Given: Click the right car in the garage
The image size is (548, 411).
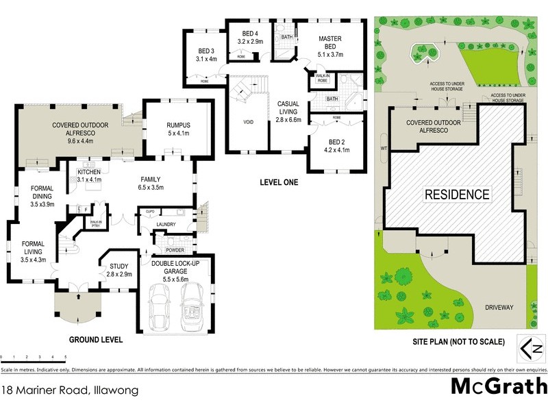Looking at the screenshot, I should [x=192, y=308].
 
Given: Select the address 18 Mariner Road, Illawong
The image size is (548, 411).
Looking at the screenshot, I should [x=71, y=391].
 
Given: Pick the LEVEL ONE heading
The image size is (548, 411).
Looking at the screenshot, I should [x=282, y=183].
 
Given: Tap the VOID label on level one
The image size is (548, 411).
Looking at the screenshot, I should [x=248, y=123].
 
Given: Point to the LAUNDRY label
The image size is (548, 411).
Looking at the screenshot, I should [x=166, y=224].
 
